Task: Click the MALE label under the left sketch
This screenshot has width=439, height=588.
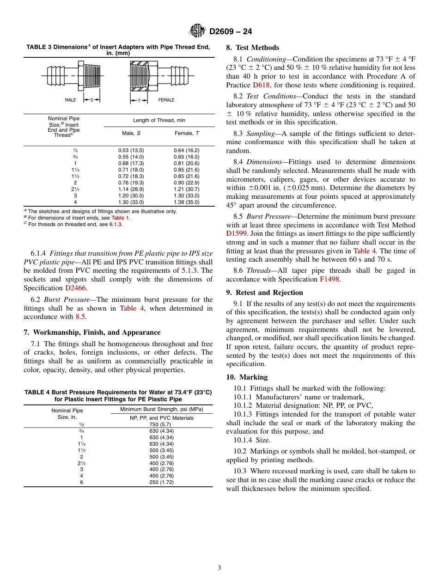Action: coord(70,100)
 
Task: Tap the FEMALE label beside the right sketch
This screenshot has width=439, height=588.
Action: coord(166,100)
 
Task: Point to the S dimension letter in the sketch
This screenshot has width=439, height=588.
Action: coord(91,100)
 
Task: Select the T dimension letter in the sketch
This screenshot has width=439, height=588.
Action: coord(139,100)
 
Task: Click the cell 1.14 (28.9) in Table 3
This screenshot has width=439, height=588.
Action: coord(131,190)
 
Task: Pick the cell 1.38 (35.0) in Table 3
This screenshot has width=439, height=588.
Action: coord(186,202)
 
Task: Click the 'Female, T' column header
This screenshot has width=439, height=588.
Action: coord(186,133)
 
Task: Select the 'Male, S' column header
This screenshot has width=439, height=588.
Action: coord(131,133)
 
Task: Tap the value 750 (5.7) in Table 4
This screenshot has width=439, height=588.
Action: coord(161,424)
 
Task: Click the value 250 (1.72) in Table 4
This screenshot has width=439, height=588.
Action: coord(161,483)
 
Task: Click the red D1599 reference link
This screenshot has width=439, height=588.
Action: coord(237,234)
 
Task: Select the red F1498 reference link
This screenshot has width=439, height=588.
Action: coord(328,279)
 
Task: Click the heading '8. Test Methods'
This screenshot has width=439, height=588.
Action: coord(252,48)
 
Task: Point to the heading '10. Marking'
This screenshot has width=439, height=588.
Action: coord(247,377)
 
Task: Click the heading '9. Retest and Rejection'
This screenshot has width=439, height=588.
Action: coord(264,293)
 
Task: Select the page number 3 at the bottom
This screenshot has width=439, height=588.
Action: coord(219,568)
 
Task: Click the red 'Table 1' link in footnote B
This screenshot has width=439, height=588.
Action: coord(120,218)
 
